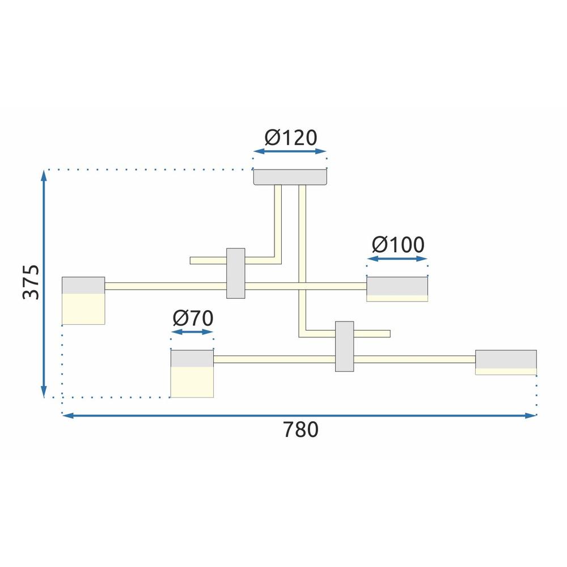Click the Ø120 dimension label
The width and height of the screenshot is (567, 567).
(x=290, y=138)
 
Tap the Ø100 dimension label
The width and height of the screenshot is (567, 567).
(x=397, y=245)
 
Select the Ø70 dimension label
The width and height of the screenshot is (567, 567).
(x=193, y=319)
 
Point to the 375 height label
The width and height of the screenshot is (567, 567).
(x=31, y=282)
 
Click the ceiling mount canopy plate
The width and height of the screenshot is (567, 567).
(x=290, y=177)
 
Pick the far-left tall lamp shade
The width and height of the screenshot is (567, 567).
(x=83, y=301)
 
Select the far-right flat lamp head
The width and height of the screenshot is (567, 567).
(x=506, y=362)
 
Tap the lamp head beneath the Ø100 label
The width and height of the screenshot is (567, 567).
(x=397, y=289)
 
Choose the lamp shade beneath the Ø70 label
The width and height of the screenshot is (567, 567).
(x=192, y=374)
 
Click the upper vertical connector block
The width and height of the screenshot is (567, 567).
(x=236, y=273)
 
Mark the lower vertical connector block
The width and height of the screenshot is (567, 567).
(x=344, y=346)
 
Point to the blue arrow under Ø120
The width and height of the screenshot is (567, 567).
(x=290, y=152)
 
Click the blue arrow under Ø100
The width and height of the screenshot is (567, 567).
(x=397, y=259)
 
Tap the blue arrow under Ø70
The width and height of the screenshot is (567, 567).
(x=192, y=332)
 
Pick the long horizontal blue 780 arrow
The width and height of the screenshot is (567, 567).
(x=299, y=416)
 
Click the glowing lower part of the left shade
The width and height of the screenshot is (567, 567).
(x=83, y=309)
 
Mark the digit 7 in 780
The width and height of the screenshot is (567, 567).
(x=288, y=430)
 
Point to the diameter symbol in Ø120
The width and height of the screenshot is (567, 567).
(x=272, y=138)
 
